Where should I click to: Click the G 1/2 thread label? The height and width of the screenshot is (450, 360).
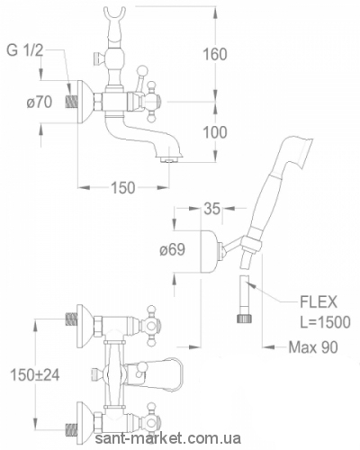pos(25,51)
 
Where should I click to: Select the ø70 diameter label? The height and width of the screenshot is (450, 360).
pos(39,103)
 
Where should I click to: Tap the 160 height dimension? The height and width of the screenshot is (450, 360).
pos(215,55)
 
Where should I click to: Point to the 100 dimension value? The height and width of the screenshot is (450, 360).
pos(215,132)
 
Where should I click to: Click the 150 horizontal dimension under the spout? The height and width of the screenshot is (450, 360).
pos(123,188)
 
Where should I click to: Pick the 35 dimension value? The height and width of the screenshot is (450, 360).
pos(212,209)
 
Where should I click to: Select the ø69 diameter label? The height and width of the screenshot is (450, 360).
pos(172,249)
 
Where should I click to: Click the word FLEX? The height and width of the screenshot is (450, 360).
pos(319,302)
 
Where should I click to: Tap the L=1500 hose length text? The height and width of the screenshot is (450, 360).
pos(325,322)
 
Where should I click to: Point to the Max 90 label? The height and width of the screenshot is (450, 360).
pos(313,347)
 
